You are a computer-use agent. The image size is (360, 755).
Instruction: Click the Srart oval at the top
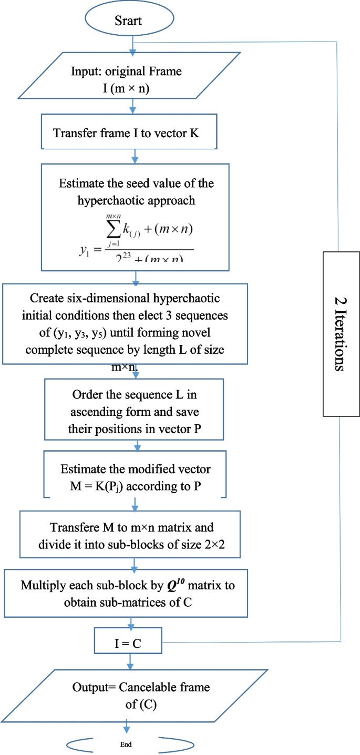129,21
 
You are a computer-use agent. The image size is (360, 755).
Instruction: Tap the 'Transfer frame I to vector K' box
126,133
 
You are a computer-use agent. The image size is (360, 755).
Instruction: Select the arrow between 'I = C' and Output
128,660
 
